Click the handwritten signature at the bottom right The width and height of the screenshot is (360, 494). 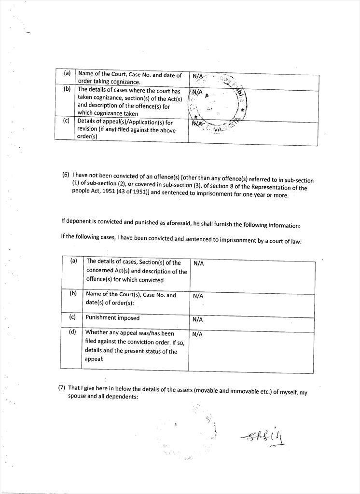tap(263, 437)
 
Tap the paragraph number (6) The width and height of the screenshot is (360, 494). tap(66, 174)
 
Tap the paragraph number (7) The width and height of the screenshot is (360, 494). tap(62, 387)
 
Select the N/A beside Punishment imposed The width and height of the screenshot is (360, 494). tap(198, 319)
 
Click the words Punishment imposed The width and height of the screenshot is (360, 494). tap(112, 318)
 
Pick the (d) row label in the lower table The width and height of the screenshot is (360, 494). tap(73, 331)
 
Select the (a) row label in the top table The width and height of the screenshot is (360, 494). tap(67, 74)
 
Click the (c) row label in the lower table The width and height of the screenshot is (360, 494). tap(73, 317)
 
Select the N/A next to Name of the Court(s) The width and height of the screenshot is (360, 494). tap(198, 296)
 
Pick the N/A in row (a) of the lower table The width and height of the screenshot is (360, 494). tap(198, 263)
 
